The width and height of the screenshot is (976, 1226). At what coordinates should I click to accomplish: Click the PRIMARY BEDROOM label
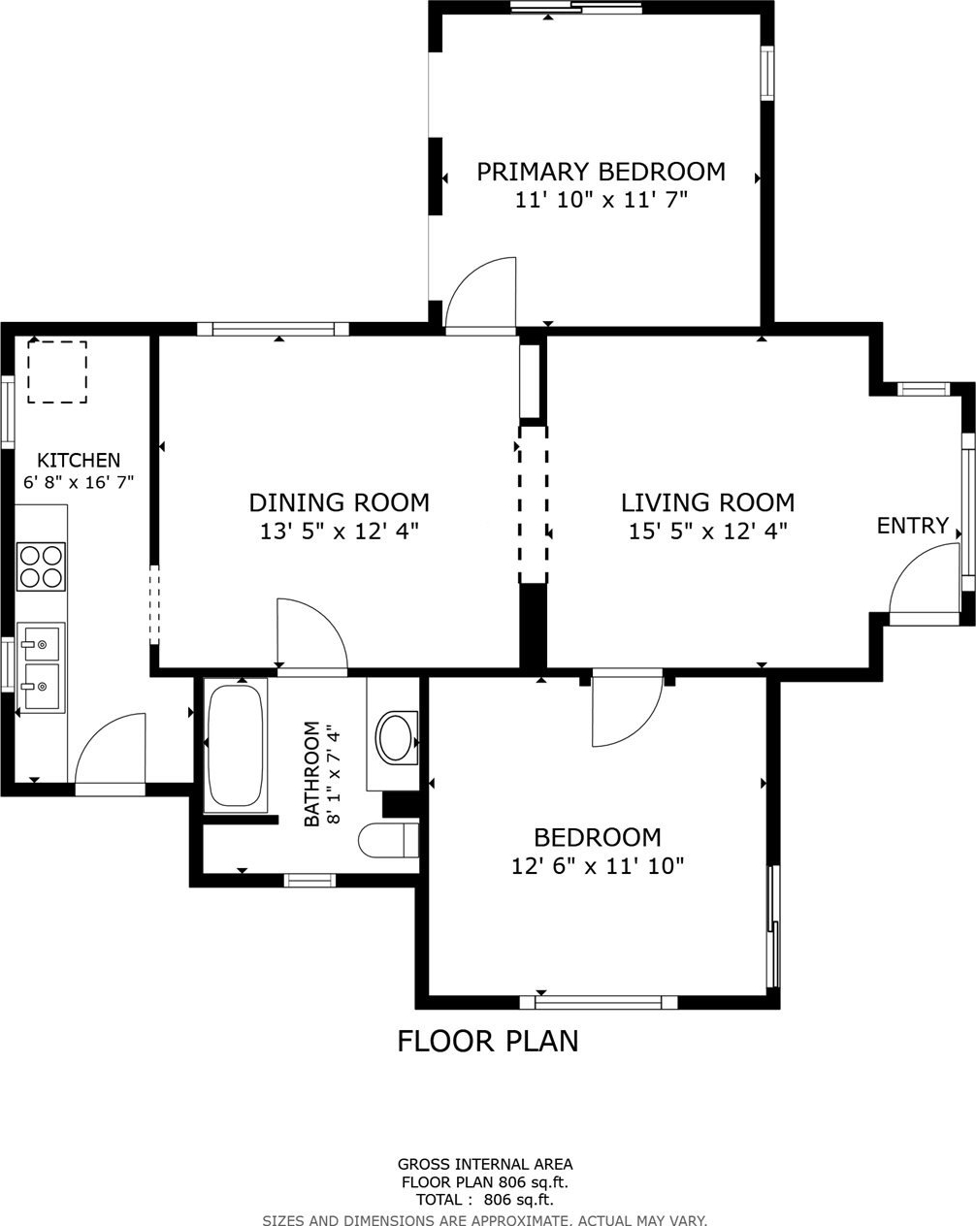click(x=602, y=172)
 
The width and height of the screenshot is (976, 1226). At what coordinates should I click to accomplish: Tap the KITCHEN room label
click(x=79, y=460)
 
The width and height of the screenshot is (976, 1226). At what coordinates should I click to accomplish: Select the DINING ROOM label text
click(x=339, y=502)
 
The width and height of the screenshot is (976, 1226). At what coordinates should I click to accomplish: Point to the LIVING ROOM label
click(x=707, y=502)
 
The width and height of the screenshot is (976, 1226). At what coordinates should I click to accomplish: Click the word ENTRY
click(x=913, y=526)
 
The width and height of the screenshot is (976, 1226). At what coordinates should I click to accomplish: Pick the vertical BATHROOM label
click(x=311, y=774)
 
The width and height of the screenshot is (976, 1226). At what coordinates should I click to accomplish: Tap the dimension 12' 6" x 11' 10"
click(x=597, y=866)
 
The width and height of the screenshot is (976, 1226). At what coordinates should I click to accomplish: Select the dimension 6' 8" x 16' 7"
click(x=79, y=482)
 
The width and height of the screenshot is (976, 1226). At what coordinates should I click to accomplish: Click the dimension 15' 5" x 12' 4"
click(x=707, y=532)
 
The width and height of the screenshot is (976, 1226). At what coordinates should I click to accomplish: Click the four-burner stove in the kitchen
click(x=41, y=566)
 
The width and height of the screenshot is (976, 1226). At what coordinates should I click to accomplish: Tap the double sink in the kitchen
click(x=41, y=667)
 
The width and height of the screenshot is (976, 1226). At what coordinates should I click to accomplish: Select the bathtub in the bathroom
click(x=236, y=745)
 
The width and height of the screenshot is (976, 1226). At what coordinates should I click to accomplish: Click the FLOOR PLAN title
click(x=488, y=1041)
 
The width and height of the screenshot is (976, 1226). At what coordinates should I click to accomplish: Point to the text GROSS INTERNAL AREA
click(x=485, y=1164)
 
